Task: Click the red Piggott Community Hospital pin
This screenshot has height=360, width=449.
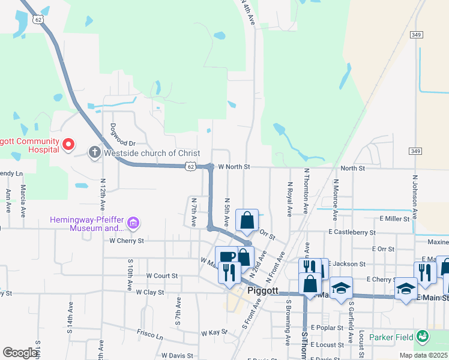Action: pyautogui.click(x=68, y=144)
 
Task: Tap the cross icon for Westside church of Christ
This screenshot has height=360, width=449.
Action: pyautogui.click(x=94, y=153)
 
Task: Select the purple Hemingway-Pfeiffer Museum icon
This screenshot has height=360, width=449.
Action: pyautogui.click(x=133, y=224)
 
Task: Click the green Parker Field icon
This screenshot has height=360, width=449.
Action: pyautogui.click(x=423, y=336)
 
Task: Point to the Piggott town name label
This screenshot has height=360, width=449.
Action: pyautogui.click(x=263, y=291)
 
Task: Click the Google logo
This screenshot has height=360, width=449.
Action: pyautogui.click(x=20, y=353)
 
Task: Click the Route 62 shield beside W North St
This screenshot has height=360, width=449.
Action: pyautogui.click(x=190, y=165)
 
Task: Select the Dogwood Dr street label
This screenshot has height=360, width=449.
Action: pyautogui.click(x=124, y=143)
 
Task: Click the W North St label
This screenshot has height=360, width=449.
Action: pyautogui.click(x=233, y=167)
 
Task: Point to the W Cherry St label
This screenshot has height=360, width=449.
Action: pyautogui.click(x=127, y=241)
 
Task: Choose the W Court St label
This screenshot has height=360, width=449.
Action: pyautogui.click(x=162, y=276)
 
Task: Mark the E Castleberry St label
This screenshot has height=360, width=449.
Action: pyautogui.click(x=352, y=232)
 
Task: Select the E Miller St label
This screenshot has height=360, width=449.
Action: pyautogui.click(x=394, y=220)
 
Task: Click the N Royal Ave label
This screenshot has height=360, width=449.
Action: pyautogui.click(x=290, y=199)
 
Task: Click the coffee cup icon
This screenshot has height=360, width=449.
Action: pyautogui.click(x=227, y=257)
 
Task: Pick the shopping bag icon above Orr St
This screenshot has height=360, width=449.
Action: pyautogui.click(x=247, y=220)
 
